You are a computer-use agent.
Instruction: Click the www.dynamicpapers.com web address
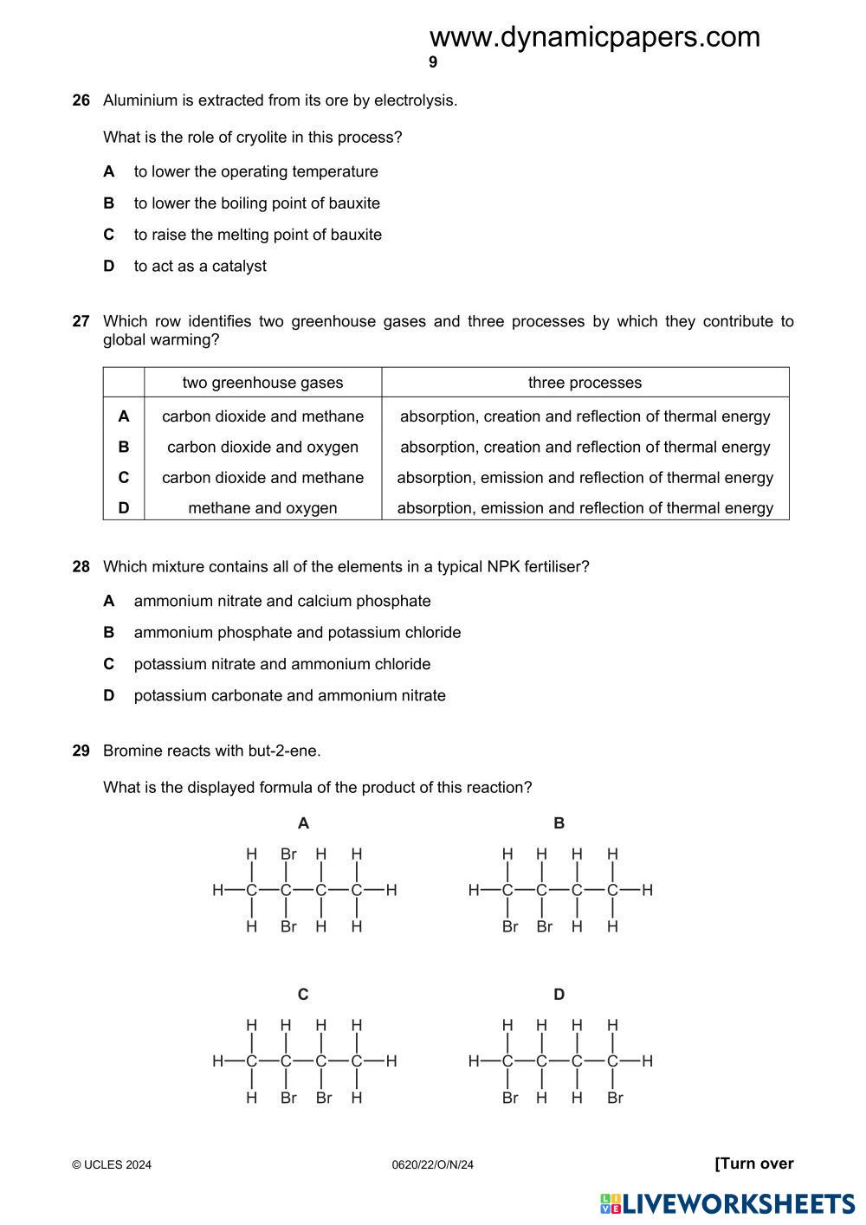click(594, 37)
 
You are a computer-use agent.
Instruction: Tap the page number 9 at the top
click(433, 62)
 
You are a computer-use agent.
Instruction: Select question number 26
click(81, 100)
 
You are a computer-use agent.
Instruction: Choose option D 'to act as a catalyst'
click(199, 267)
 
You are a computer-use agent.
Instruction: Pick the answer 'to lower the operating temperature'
click(255, 172)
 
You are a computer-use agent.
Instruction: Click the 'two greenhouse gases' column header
click(262, 383)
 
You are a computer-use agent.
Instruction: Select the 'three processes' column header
click(585, 383)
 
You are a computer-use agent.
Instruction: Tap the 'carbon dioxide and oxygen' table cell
click(262, 448)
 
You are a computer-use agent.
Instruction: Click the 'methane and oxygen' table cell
click(262, 508)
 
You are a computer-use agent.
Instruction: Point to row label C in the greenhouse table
click(124, 478)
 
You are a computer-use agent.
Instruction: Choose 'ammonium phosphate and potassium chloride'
click(297, 633)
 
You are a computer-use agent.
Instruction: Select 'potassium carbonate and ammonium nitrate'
click(289, 696)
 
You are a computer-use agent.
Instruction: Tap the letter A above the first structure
click(303, 823)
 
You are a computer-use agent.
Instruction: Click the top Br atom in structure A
click(288, 854)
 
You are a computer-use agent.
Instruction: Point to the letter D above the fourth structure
click(559, 995)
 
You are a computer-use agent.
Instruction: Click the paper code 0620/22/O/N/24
click(433, 1165)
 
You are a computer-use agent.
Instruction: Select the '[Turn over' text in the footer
click(753, 1164)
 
